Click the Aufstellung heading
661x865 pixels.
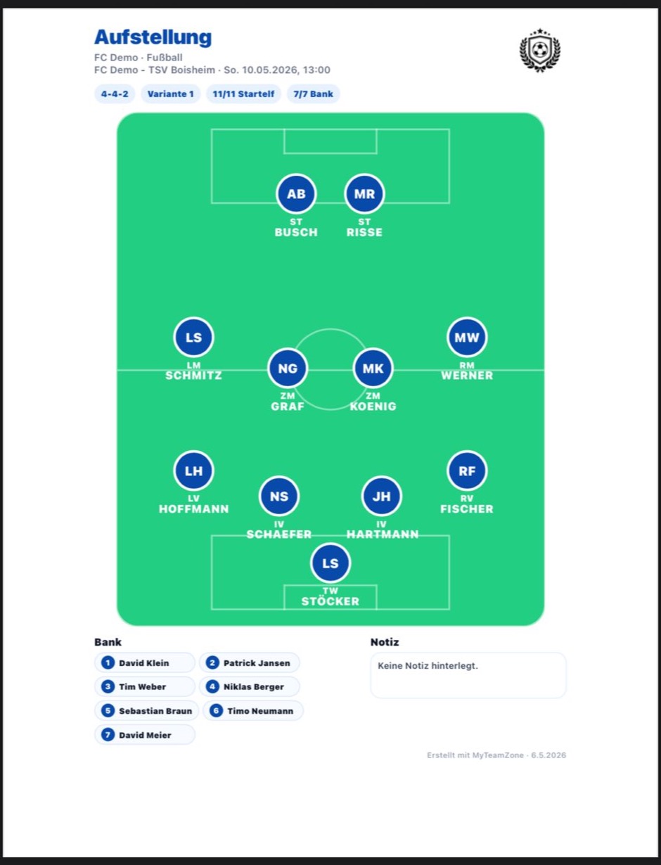[x=153, y=38]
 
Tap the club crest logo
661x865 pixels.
[x=540, y=50]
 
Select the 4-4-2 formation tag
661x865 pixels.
[x=115, y=94]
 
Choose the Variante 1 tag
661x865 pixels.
[x=171, y=94]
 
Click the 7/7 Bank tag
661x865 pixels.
[x=313, y=94]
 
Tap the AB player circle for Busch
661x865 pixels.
[x=296, y=194]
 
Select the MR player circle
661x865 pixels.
[x=364, y=194]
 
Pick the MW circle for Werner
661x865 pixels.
[x=467, y=338]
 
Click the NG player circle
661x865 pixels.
[x=288, y=369]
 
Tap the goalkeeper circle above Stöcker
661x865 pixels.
[x=330, y=563]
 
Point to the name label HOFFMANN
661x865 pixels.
[x=194, y=509]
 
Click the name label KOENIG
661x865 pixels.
[x=373, y=406]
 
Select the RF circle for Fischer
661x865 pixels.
[x=467, y=471]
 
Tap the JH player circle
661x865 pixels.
[x=381, y=496]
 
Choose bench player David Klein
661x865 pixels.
[x=145, y=663]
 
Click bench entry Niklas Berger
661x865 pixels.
[x=250, y=686]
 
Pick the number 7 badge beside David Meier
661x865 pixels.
[x=108, y=735]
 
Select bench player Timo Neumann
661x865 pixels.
[x=253, y=710]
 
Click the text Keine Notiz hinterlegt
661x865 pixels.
[x=428, y=665]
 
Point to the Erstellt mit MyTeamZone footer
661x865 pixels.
[x=496, y=755]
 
